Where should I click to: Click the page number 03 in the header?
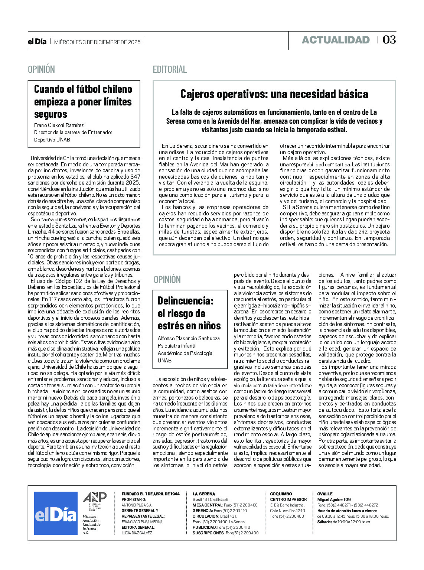click(389, 40)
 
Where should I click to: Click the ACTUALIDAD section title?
click(336, 40)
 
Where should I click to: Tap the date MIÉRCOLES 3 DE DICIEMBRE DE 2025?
click(97, 42)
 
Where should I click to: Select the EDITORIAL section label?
click(170, 69)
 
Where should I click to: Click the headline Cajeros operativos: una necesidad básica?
click(274, 94)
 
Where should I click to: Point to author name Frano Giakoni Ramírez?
click(59, 126)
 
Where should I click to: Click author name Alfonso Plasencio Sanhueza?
click(189, 338)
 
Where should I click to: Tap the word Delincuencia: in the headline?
click(186, 300)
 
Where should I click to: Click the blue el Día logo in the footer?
click(56, 513)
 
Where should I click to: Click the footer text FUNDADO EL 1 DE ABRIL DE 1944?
click(150, 494)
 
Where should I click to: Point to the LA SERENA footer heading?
click(203, 494)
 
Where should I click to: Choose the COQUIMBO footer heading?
click(281, 494)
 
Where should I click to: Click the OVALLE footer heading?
click(325, 494)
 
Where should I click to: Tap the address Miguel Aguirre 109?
click(334, 499)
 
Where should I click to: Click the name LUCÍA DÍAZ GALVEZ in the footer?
click(137, 533)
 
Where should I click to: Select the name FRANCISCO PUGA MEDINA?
click(142, 522)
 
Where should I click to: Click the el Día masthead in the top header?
click(37, 42)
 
